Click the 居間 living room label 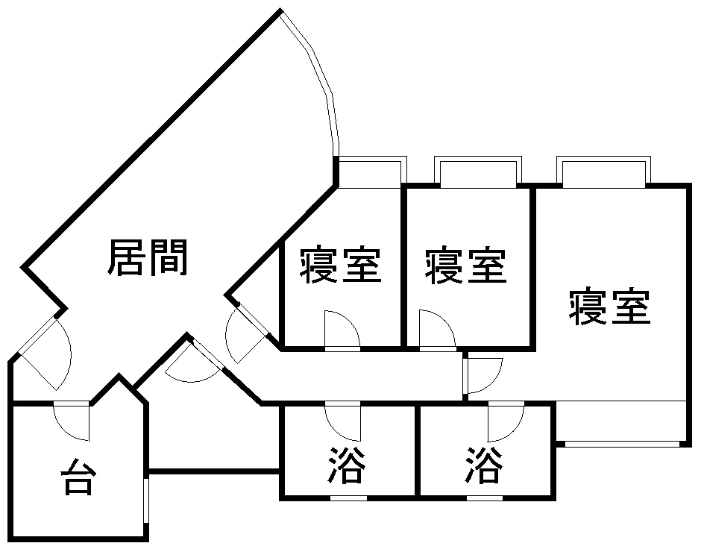point(148,257)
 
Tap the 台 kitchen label point(77,477)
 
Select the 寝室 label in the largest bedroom point(609,307)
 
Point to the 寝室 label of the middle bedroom point(466,266)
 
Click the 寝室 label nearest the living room point(341,266)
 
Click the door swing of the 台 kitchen point(73,421)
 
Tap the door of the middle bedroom point(436,332)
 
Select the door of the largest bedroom point(482,375)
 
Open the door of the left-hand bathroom point(344,421)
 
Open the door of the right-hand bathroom point(506,421)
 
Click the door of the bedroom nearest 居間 point(342,332)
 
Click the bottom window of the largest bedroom point(623,444)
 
